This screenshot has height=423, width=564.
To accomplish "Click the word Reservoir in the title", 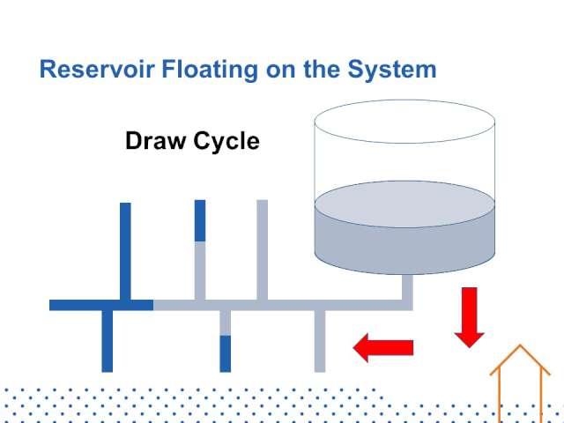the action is (x=97, y=69).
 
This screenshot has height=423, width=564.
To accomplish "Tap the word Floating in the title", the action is (x=210, y=70).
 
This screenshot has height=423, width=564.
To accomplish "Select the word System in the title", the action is (x=392, y=70).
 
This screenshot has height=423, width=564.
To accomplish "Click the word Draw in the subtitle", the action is (x=155, y=141).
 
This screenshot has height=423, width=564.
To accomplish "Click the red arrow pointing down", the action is (x=470, y=317).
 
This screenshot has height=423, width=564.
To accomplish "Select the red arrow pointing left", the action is (x=383, y=348).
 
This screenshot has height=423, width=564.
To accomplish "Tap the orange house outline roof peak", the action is (x=520, y=345).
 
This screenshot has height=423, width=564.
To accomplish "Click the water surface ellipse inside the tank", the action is (x=404, y=204).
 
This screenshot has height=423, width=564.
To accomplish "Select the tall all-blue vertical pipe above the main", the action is (x=125, y=251).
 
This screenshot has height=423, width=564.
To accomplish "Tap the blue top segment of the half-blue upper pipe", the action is (x=200, y=220).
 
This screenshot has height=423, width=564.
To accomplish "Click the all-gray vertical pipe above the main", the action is (x=263, y=249).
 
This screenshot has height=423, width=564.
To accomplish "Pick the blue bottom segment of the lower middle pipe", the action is (x=226, y=353).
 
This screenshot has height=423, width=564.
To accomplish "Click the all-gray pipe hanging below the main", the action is (x=320, y=341).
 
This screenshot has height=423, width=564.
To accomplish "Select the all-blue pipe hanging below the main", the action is (x=108, y=341).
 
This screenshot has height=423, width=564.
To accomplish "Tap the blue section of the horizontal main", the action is (x=101, y=305).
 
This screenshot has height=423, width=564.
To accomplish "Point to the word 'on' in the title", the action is (x=281, y=71).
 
